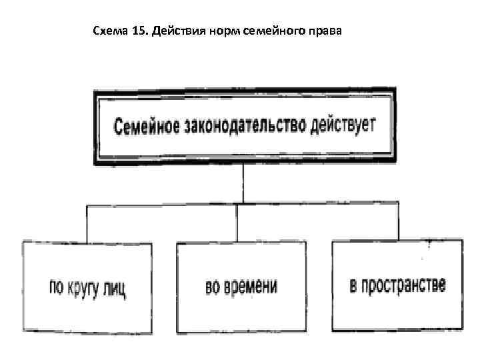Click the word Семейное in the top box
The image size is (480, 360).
(145, 125)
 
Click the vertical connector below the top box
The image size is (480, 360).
(243, 184)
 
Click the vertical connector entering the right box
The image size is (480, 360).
(399, 222)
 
